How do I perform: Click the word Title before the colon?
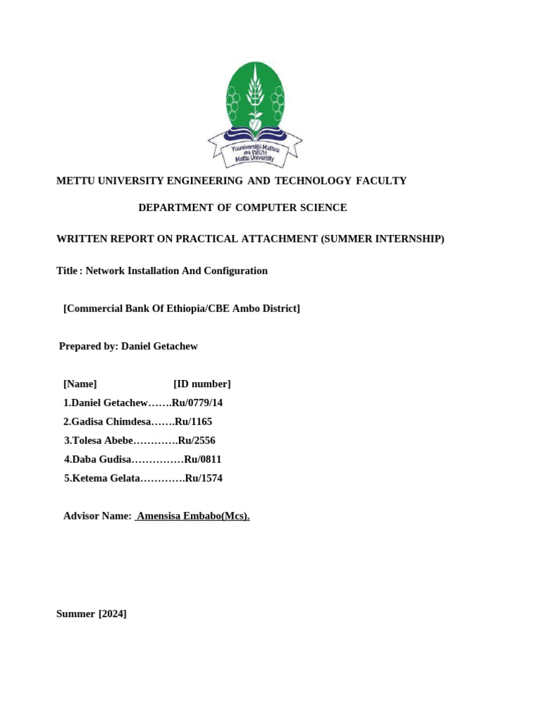click(67, 271)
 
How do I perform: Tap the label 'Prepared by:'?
click(88, 346)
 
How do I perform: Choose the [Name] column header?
click(80, 384)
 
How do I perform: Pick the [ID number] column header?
click(201, 384)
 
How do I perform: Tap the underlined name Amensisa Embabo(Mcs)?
click(193, 516)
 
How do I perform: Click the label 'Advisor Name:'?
click(98, 516)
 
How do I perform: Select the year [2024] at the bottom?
click(112, 614)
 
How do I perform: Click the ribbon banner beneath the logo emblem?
click(255, 150)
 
